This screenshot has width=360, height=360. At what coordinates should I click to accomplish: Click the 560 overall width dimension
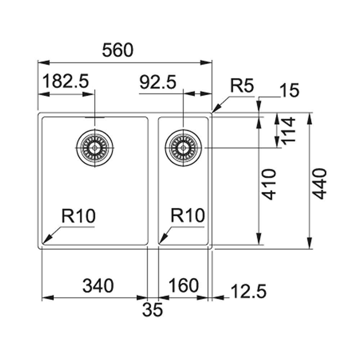pos(118,51)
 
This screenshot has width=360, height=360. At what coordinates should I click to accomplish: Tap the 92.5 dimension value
pos(158,83)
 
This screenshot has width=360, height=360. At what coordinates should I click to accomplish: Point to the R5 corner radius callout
pos(242,86)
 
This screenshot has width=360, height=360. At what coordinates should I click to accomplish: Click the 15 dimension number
pos(290,91)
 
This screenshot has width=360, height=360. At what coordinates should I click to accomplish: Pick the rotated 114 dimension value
pos(289,130)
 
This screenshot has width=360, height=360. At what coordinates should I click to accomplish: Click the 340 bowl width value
pos(98,286)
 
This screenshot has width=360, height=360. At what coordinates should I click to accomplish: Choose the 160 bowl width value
pos(184,286)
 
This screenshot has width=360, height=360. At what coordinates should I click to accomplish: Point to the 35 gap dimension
pos(152,310)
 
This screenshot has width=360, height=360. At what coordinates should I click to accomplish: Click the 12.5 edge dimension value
pos(248,291)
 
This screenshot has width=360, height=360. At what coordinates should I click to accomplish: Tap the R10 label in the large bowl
pos(78,216)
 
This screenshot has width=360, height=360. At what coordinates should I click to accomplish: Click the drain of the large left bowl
pos(94,147)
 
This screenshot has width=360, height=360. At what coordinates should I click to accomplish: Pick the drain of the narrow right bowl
pos(183,147)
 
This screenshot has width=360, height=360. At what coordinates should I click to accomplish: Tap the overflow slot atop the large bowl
pos(94,118)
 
